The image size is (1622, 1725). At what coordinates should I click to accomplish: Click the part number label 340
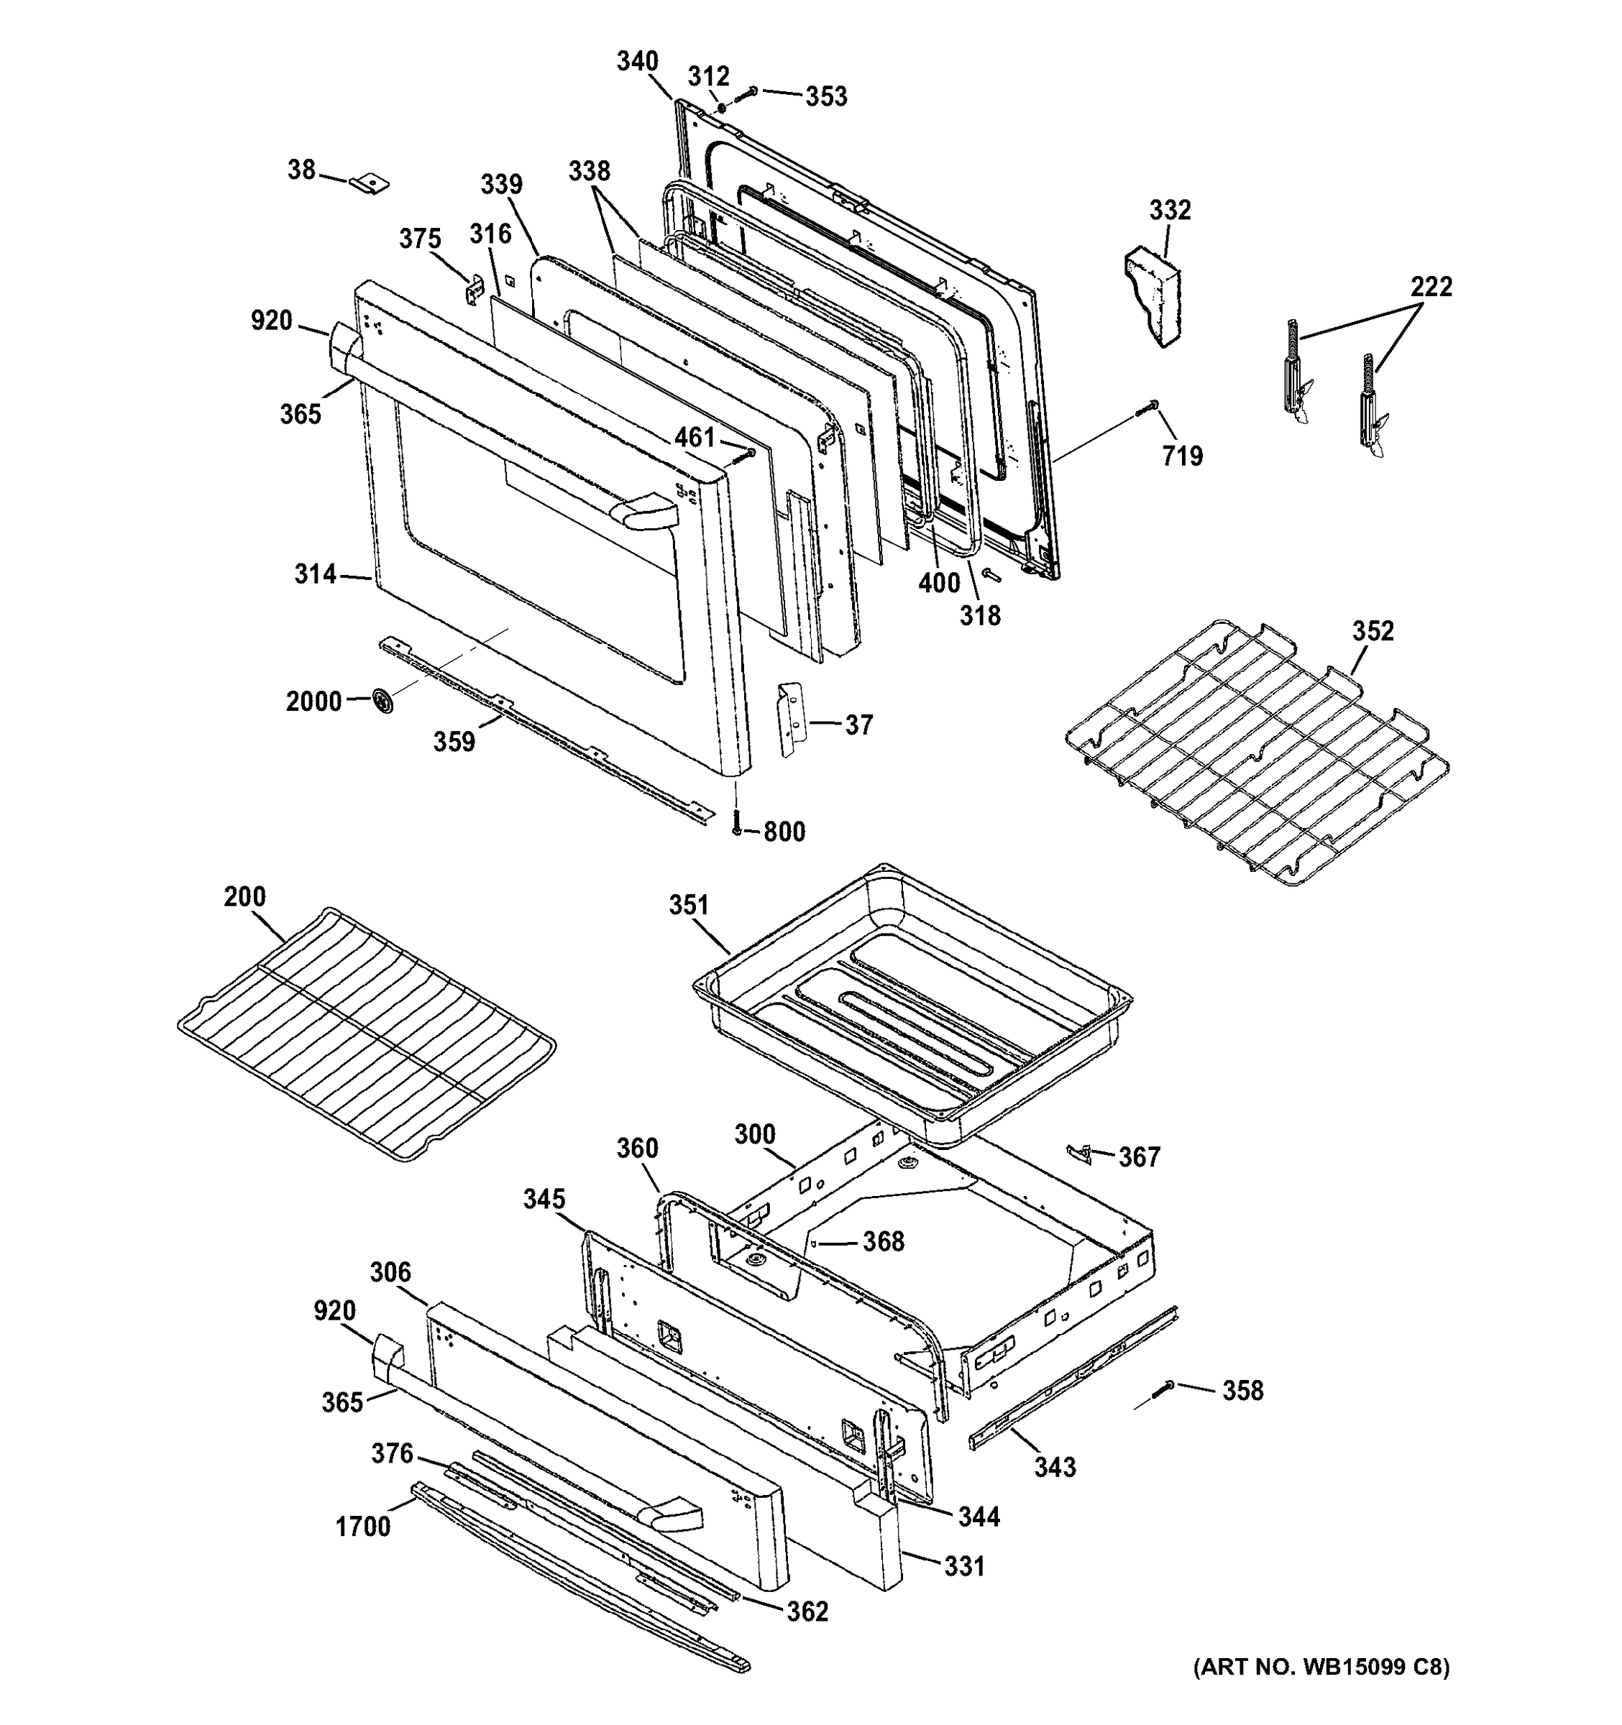pos(637,62)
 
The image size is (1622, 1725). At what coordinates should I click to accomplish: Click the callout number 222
pos(1430,286)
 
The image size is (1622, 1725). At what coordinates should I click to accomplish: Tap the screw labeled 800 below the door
pos(737,821)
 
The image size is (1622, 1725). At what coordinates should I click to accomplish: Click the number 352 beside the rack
pos(1372,631)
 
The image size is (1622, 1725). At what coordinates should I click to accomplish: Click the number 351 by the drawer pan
pos(688,905)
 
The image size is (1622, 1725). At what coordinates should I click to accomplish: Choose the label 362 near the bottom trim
pos(807,1611)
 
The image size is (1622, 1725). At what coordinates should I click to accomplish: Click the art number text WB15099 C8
pos(1320,1691)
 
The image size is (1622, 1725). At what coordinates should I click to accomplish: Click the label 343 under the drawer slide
pos(1055,1466)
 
